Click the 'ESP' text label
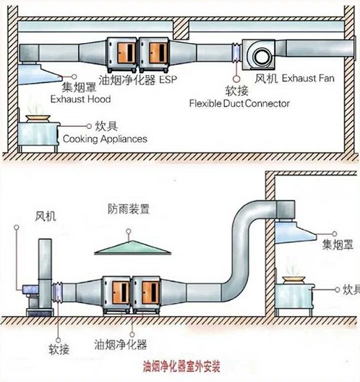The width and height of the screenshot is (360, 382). pos(168,80)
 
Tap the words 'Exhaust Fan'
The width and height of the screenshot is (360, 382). pos(308,78)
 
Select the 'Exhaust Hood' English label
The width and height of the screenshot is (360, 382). pos(80,99)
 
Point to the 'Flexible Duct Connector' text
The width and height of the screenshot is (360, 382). pos(240,103)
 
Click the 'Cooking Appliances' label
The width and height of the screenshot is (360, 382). pos(105,139)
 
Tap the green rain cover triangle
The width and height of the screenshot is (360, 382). pos(133,248)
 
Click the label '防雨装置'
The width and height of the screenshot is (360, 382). pos(128,209)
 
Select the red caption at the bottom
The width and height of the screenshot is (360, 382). pos(181,366)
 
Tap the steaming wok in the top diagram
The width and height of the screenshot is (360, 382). pos(38,118)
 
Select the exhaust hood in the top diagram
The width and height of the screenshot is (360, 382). pos(39,74)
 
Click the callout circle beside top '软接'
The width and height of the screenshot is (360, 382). pos(236,79)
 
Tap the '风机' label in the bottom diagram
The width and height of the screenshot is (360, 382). pos(46,216)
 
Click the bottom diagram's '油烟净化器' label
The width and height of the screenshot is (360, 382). pos(120,345)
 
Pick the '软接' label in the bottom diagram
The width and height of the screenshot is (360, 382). pos(59,350)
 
